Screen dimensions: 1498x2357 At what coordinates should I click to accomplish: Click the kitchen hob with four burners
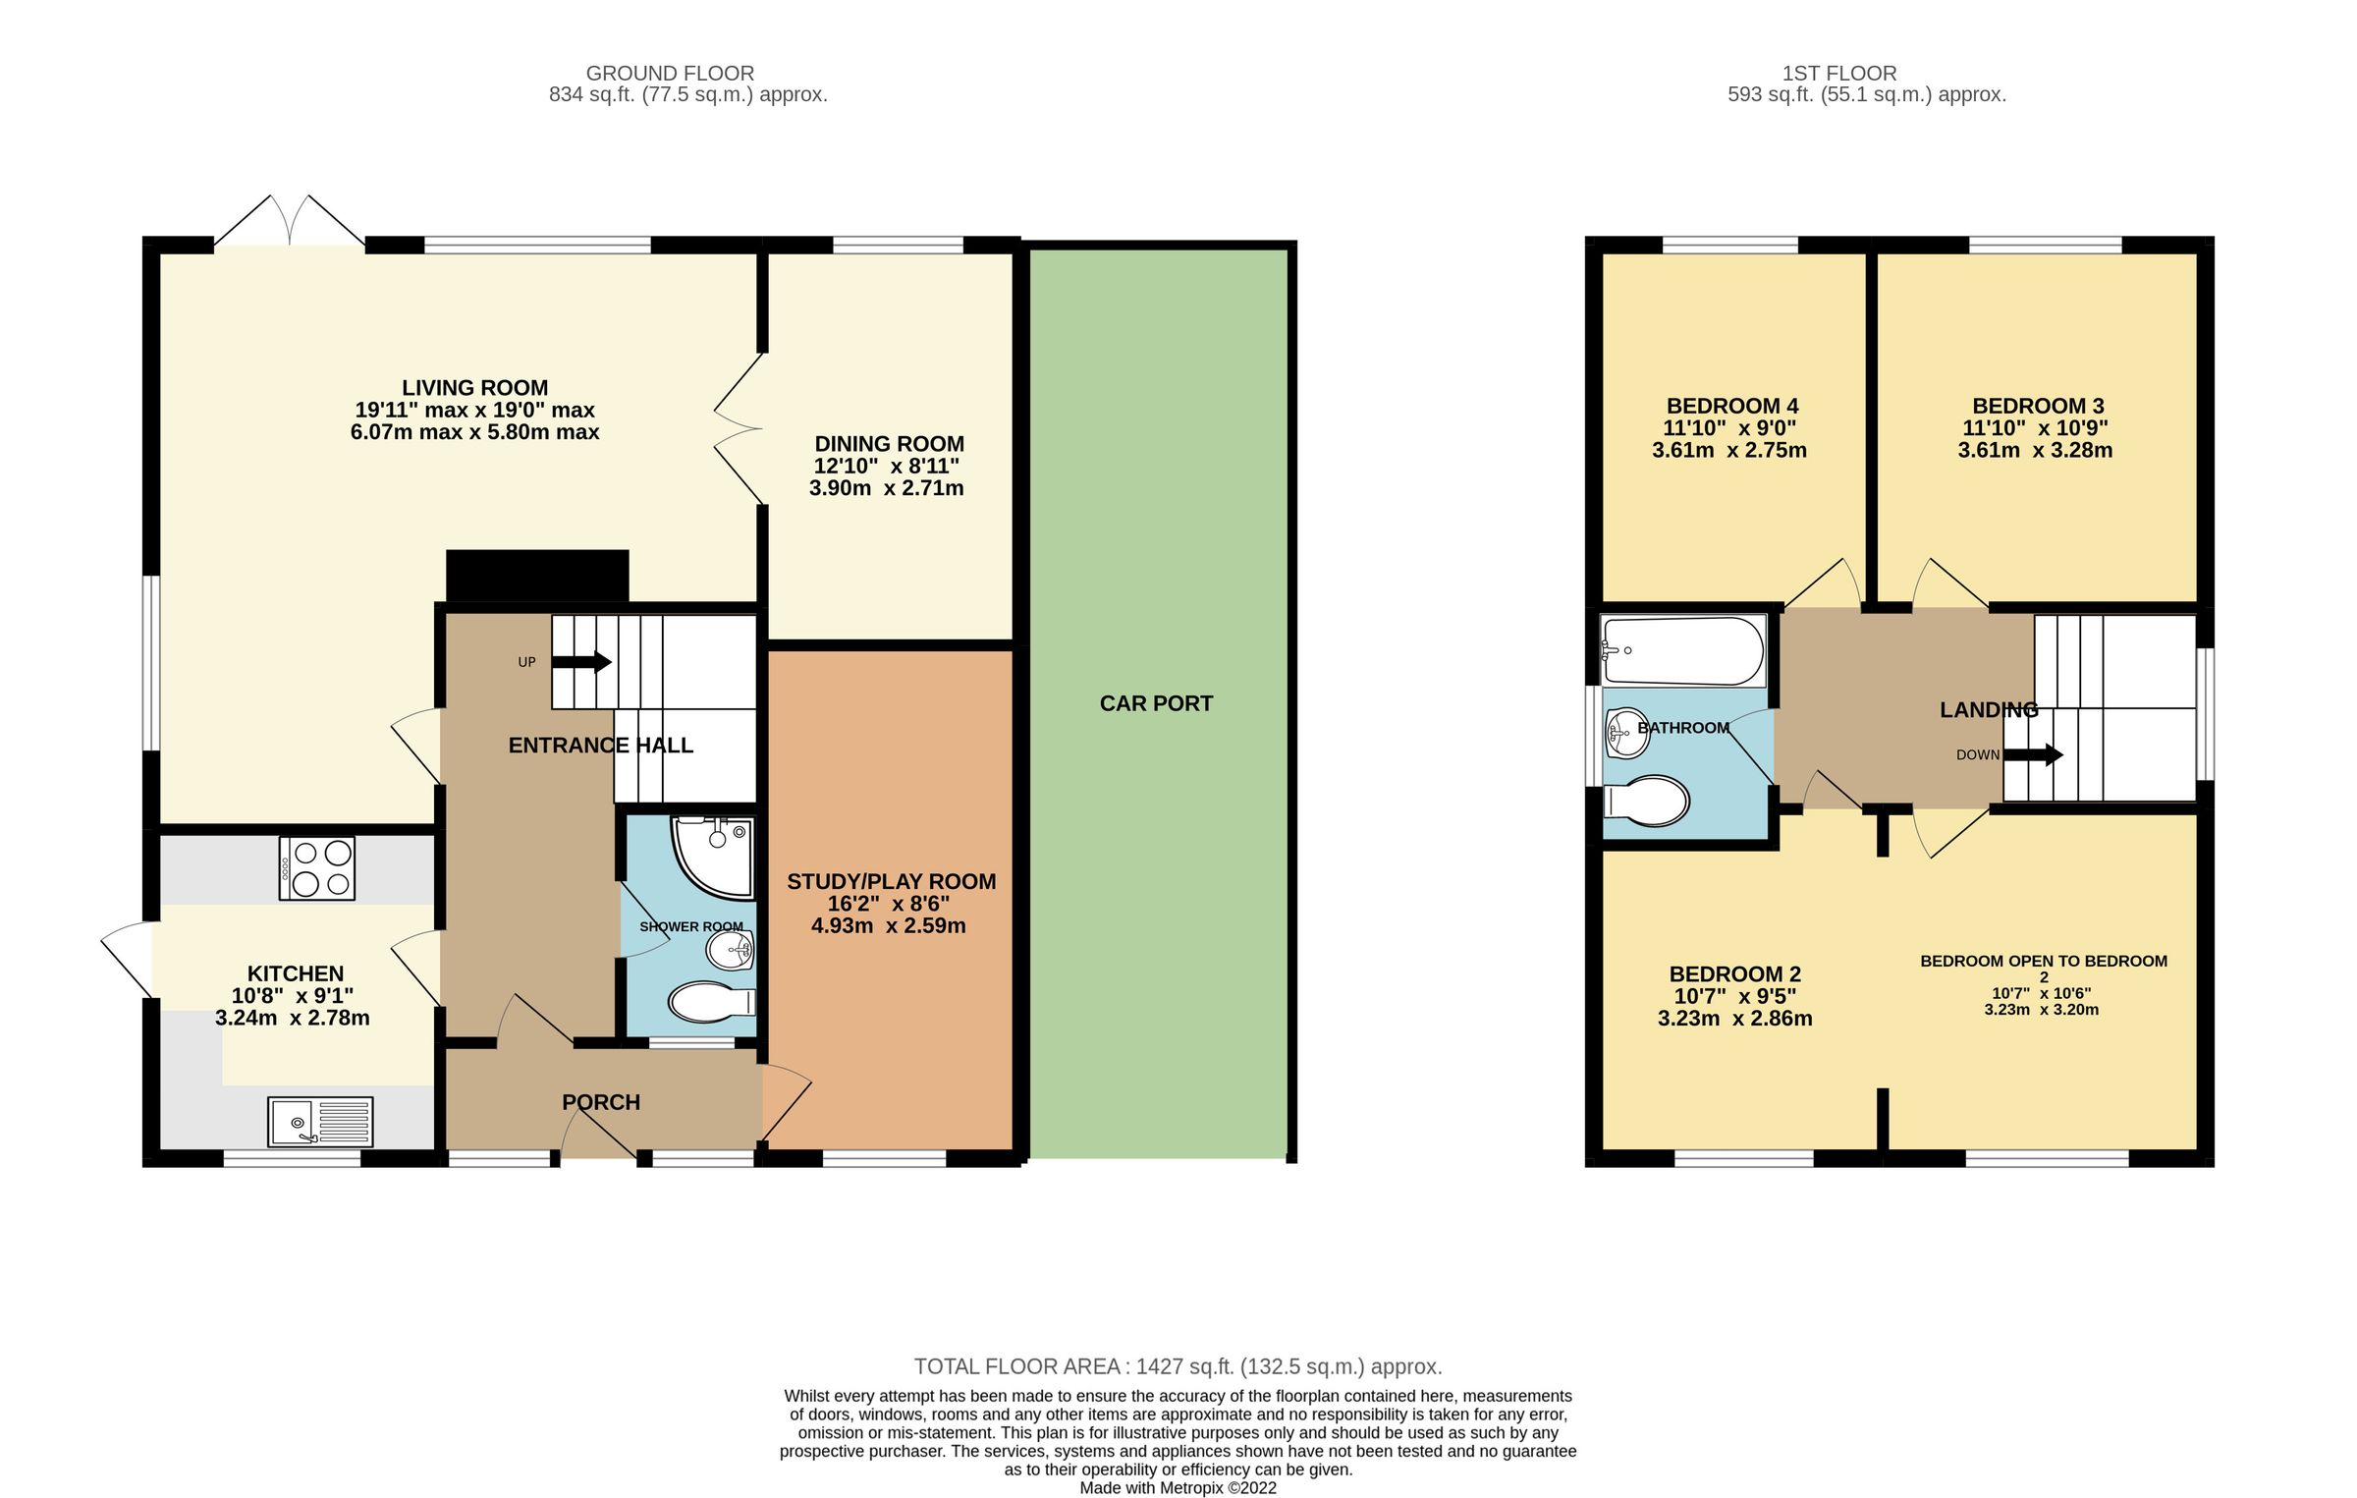[x=316, y=868]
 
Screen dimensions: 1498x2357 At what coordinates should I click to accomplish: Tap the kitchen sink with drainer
[x=320, y=1121]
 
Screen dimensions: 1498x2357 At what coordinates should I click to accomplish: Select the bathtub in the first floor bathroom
[x=1682, y=650]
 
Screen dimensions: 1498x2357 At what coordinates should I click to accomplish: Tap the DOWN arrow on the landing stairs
[x=2033, y=755]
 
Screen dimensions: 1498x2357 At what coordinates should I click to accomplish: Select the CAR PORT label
[x=1156, y=703]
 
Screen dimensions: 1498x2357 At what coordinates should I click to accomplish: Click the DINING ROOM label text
[x=889, y=444]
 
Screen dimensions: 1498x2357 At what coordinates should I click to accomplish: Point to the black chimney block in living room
[x=537, y=576]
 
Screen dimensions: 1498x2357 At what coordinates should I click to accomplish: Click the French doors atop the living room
[x=290, y=221]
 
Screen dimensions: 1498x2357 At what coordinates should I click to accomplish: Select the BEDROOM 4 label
[x=1732, y=406]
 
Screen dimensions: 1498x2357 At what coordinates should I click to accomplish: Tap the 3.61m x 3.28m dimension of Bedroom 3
[x=2035, y=450]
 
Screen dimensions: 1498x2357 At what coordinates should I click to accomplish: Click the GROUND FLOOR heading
[x=670, y=73]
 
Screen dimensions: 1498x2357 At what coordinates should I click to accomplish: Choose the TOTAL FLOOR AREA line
[x=1178, y=1366]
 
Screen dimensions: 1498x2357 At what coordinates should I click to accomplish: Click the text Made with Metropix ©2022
[x=1178, y=1487]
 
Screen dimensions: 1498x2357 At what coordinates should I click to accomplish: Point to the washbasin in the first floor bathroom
[x=1627, y=733]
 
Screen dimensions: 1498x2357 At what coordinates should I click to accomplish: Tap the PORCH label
[x=601, y=1102]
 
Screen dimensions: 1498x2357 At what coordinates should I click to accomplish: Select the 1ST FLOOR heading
[x=1838, y=73]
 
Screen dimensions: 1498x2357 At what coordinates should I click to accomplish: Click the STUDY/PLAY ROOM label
[x=891, y=881]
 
